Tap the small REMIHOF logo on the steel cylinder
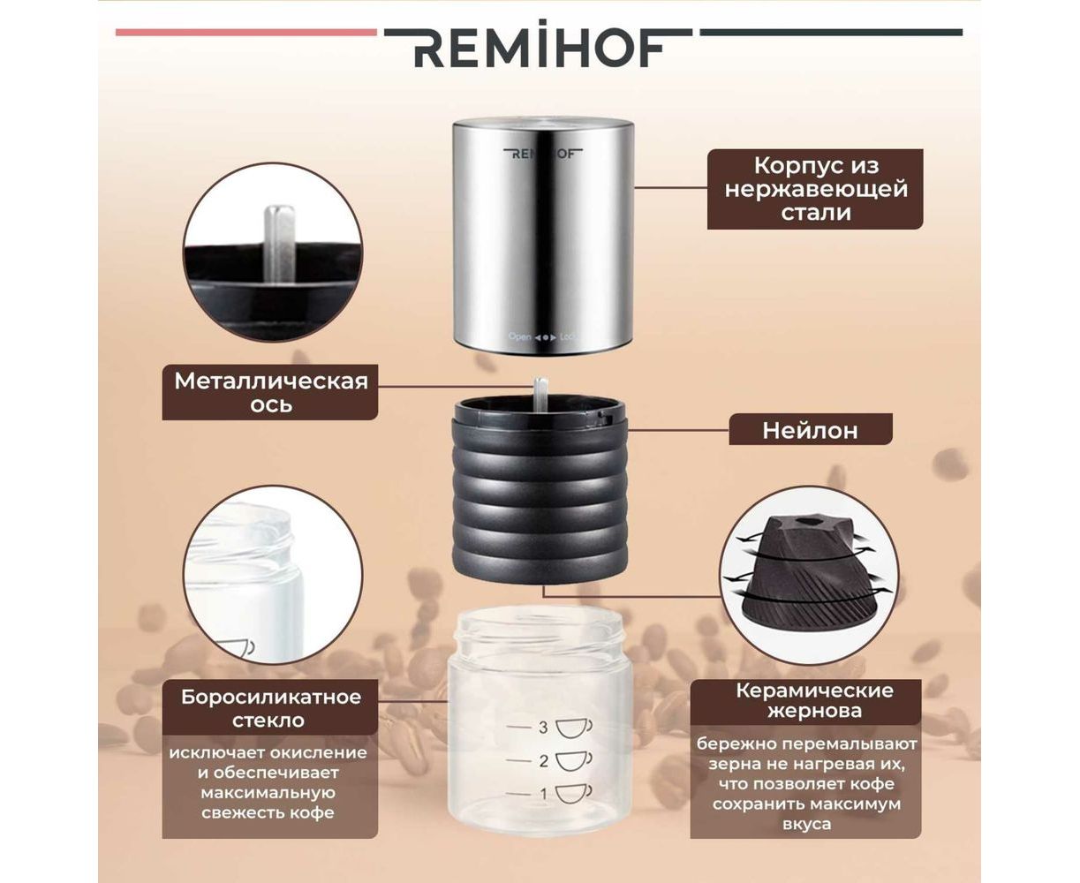(x=543, y=153)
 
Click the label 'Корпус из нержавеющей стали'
(x=815, y=189)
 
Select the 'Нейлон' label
(x=810, y=430)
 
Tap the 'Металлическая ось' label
(x=270, y=392)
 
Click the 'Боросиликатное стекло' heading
(x=270, y=708)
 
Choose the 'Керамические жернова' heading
(x=814, y=701)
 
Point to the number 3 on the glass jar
(x=543, y=728)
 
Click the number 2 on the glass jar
(x=543, y=761)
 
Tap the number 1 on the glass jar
(x=544, y=795)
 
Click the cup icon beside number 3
(x=573, y=728)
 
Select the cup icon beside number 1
(x=573, y=795)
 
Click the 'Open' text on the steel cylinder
(x=519, y=336)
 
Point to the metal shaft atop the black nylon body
(x=540, y=395)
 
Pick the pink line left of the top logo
(x=245, y=33)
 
